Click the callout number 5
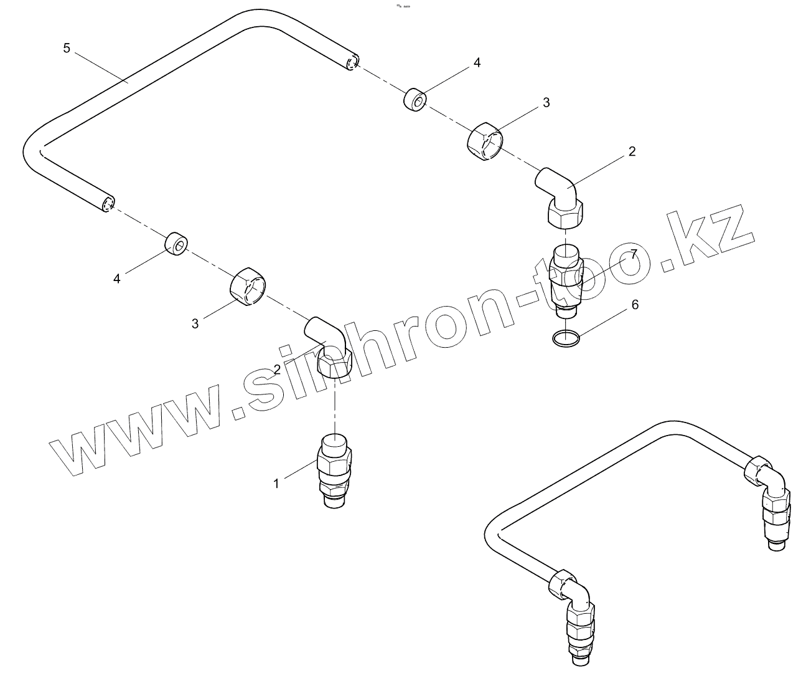[67, 48]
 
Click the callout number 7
[634, 254]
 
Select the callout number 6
[635, 304]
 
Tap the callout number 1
[276, 483]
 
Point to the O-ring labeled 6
[566, 338]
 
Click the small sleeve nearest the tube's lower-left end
[177, 244]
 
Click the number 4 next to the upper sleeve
[477, 63]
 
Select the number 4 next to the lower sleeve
[116, 279]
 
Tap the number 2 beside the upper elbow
[632, 151]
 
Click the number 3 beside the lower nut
[195, 323]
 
